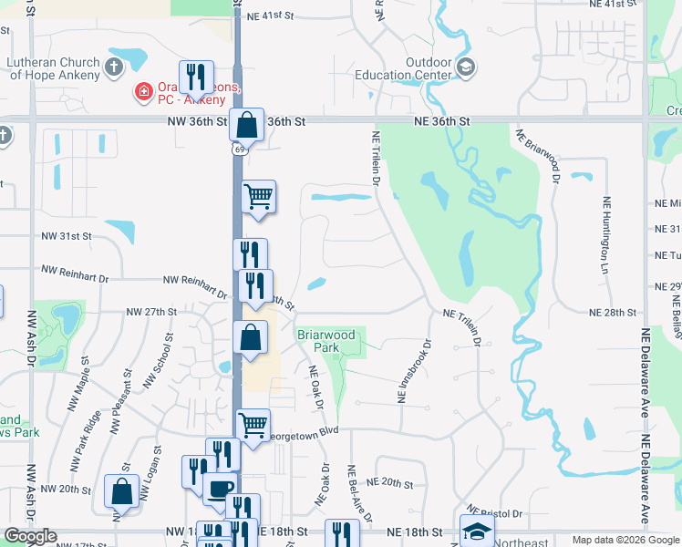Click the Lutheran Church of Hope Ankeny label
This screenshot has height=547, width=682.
54,68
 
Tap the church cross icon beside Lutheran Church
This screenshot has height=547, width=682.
113,67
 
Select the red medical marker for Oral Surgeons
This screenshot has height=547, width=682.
143,91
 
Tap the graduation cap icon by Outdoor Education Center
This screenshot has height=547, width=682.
466,67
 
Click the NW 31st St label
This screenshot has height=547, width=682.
67,236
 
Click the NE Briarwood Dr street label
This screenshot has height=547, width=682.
537,155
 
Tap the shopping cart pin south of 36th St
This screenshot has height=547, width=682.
259,195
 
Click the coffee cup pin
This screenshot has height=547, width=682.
219,489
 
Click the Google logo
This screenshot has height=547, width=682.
30,536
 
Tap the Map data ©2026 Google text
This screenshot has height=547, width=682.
625,540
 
